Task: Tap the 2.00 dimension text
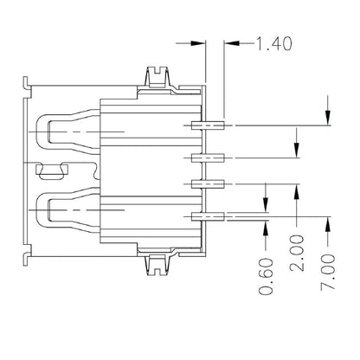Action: click(x=297, y=277)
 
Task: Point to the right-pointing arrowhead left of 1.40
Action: click(x=197, y=40)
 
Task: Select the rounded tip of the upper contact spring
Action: click(x=51, y=132)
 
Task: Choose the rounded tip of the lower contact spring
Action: click(x=51, y=208)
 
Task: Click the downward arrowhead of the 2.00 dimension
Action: click(x=297, y=151)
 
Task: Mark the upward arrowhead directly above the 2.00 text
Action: click(x=297, y=190)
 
